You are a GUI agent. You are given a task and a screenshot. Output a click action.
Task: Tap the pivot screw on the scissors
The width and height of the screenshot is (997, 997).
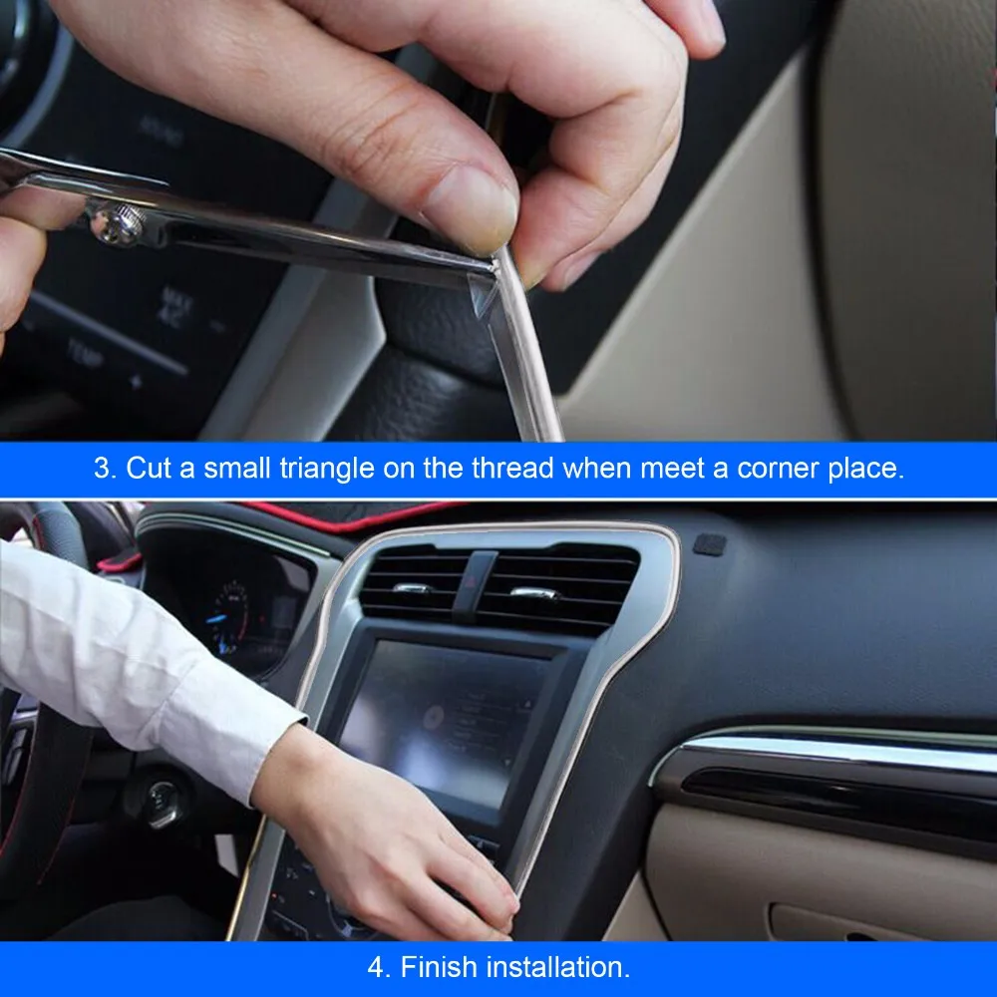(118, 222)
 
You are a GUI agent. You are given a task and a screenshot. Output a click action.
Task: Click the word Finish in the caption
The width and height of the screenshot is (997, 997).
(439, 967)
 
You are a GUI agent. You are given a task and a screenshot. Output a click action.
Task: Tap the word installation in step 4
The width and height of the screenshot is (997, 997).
(557, 967)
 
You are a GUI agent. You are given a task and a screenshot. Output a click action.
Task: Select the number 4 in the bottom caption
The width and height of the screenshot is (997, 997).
(378, 968)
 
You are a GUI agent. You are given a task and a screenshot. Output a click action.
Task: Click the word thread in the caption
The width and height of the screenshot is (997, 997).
(512, 469)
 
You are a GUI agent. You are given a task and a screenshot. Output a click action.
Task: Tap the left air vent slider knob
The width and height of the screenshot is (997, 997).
(411, 587)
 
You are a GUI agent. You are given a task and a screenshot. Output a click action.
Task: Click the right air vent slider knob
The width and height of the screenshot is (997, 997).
(533, 594)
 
